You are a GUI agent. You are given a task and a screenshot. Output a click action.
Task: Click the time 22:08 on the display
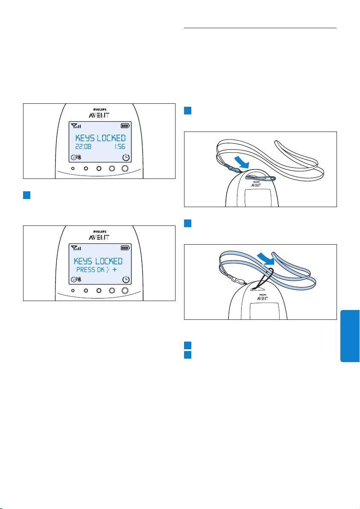point(83,147)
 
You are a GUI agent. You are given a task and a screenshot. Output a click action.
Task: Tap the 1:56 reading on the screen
point(120,147)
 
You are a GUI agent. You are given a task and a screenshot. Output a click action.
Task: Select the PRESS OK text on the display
point(91,270)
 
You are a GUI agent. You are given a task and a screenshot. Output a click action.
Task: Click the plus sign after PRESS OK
point(114,270)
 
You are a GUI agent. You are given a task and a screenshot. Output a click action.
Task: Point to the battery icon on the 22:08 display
point(125,126)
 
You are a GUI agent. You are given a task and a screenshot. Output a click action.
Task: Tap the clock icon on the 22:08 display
point(126,158)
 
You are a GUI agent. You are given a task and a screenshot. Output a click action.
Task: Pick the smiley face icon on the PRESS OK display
point(74,279)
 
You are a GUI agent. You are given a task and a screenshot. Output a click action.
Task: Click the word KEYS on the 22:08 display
point(85,138)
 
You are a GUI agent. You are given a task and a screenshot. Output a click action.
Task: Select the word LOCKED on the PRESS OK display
point(109,261)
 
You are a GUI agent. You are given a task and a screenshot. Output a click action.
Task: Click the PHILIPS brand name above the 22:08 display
point(100,110)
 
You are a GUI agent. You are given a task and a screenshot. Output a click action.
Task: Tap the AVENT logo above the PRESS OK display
point(100,237)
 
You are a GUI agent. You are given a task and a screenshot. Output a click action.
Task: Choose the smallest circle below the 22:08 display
point(73,169)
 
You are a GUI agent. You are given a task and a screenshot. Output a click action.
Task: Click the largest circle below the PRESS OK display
point(125,290)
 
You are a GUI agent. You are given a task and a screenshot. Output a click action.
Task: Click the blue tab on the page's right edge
point(350,336)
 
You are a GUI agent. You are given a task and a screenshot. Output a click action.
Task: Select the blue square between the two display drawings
point(26,195)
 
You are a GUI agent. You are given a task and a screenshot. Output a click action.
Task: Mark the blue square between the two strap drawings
point(187,223)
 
